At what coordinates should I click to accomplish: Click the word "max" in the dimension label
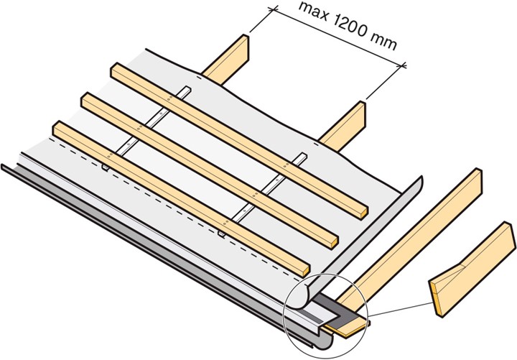[x=313, y=12]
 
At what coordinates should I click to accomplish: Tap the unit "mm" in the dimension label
[x=383, y=42]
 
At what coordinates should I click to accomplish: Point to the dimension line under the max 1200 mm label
[x=338, y=37]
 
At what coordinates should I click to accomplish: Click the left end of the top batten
[x=113, y=70]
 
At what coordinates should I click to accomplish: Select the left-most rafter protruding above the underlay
[x=228, y=60]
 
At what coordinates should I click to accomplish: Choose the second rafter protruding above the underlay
[x=345, y=126]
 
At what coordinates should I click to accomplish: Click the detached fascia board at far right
[x=472, y=268]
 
